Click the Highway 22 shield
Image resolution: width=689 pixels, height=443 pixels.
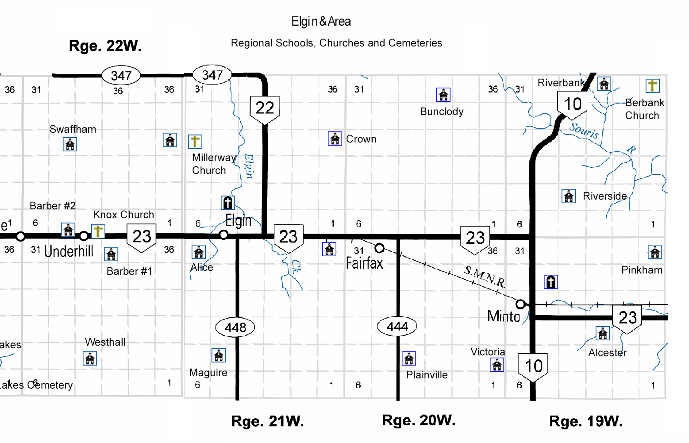pos(265,108)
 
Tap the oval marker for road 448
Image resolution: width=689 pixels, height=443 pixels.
pos(235,327)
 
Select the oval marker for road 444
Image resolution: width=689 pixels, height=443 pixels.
pos(397,327)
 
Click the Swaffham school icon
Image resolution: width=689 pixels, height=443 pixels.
pos(70,144)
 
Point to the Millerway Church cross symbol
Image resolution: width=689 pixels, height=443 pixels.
pos(195,142)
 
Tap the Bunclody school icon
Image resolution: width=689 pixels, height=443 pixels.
pos(443,95)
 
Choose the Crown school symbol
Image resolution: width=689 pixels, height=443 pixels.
pos(335,139)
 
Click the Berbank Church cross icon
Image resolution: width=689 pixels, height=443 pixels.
pos(652,85)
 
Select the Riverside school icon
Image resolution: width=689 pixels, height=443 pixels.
pos(569,196)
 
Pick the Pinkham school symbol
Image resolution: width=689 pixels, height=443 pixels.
pos(655,252)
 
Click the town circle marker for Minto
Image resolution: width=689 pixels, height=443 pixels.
pos(520,304)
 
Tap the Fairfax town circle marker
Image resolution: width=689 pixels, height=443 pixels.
pos(379,248)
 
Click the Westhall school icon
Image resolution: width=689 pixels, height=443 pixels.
pos(90,358)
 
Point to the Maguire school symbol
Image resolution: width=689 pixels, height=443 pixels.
pos(219,355)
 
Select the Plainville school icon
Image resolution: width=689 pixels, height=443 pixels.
pos(409,358)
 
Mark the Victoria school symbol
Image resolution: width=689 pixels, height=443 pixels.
pos(497,364)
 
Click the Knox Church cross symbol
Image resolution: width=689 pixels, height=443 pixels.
pos(98,231)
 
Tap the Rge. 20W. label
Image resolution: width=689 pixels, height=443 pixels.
pos(419,420)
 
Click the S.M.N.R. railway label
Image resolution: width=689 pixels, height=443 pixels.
pos(485,276)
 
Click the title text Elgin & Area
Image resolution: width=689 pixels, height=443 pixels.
pos(321,21)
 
